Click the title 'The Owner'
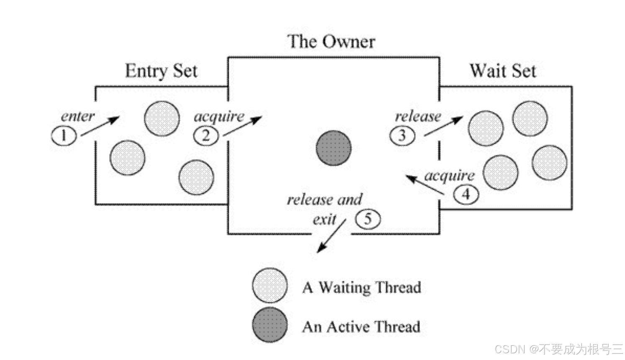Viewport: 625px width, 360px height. tap(331, 42)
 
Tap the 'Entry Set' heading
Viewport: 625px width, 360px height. tap(161, 71)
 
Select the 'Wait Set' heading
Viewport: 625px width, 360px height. tap(503, 71)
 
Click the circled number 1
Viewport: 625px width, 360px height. tap(64, 136)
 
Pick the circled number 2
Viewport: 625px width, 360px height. tap(206, 136)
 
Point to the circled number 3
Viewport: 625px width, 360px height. tap(402, 136)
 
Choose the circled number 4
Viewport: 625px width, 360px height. tap(466, 195)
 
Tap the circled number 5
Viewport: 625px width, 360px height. tap(368, 219)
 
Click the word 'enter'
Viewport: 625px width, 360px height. tap(78, 116)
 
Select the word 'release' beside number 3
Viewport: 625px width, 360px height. tap(418, 116)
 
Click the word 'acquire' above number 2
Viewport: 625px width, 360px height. tap(219, 117)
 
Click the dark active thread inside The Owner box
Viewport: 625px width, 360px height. tap(333, 148)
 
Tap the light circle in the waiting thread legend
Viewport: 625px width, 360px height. tap(270, 285)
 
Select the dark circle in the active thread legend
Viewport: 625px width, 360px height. tap(270, 325)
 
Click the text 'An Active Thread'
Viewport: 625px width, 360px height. tap(361, 327)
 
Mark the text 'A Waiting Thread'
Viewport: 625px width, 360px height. tap(361, 288)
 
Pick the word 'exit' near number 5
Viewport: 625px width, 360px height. tap(324, 219)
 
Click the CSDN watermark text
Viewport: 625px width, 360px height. tap(558, 349)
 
